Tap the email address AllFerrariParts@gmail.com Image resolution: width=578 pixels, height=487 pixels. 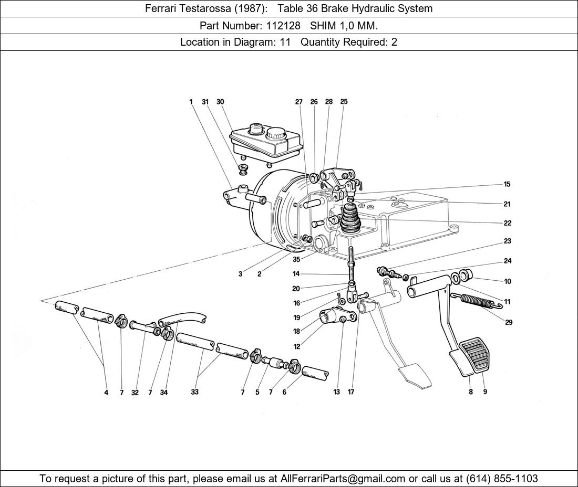343,479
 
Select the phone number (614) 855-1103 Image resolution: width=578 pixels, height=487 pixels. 502,479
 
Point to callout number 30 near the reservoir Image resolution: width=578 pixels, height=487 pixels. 220,102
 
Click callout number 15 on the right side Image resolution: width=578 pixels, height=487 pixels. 507,184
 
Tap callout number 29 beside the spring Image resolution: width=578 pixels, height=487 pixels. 509,322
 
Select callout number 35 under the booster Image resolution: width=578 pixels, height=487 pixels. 296,260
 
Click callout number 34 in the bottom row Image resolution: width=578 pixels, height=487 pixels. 164,393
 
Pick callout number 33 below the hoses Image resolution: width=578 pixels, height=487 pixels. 194,392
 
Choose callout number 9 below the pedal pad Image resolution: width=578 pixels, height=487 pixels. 485,392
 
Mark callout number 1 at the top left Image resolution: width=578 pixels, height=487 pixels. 191,102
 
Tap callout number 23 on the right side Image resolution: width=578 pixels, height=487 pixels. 508,241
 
